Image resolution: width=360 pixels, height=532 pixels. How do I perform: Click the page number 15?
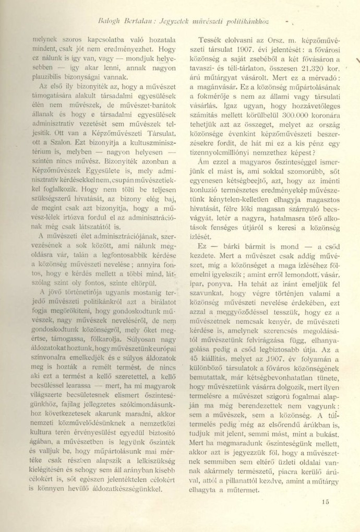coord(326,502)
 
